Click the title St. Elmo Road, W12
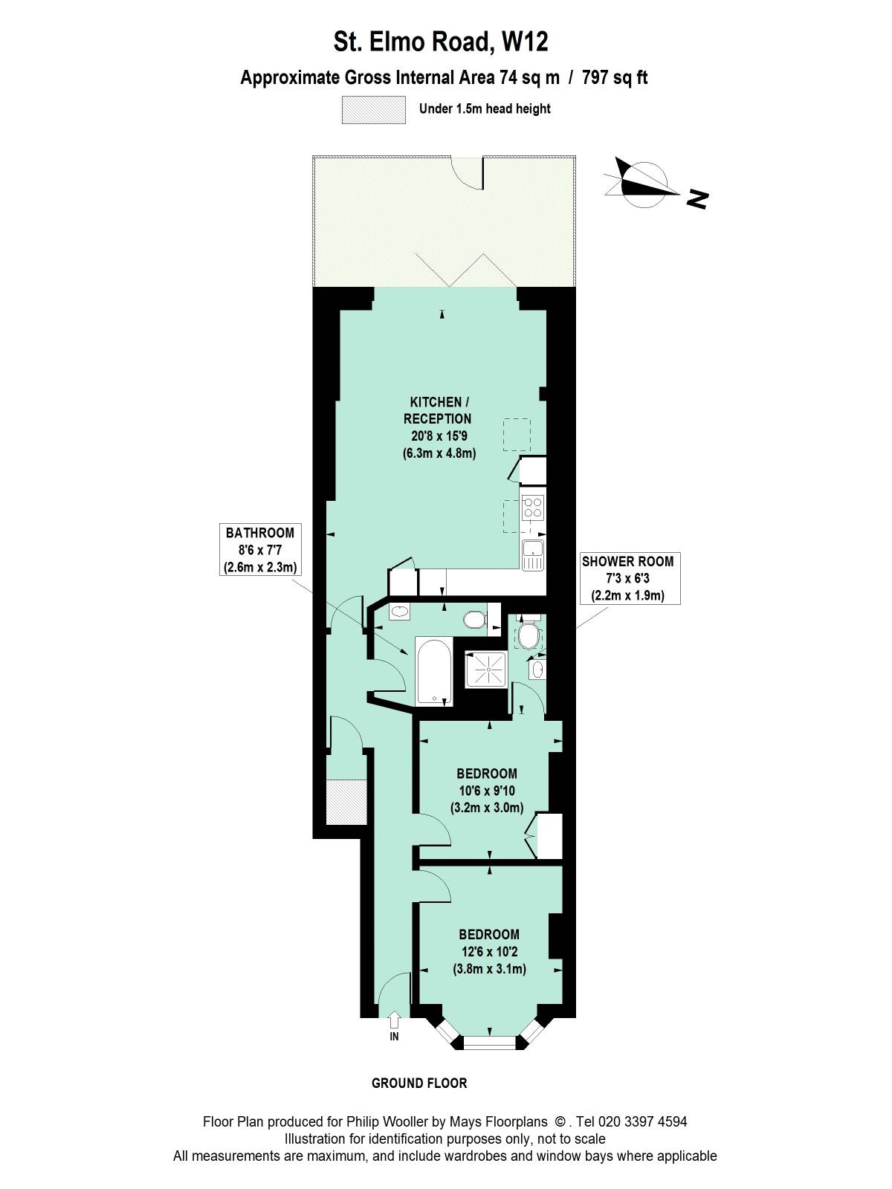point(441,42)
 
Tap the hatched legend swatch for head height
point(373,110)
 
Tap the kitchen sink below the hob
point(532,554)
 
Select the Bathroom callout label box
point(259,550)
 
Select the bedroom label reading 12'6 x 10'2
point(488,952)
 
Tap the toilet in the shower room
point(529,635)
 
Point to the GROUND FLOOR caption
point(419,1083)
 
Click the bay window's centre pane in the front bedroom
point(489,1042)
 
